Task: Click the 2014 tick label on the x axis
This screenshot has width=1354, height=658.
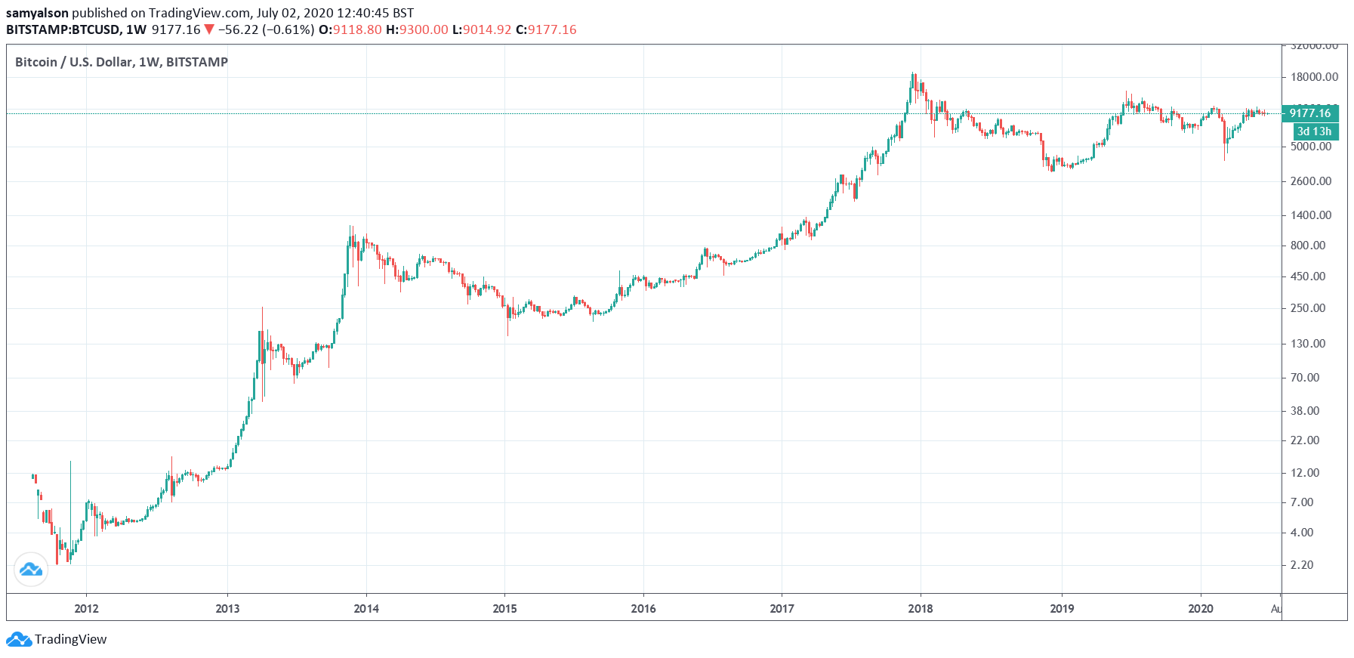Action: click(366, 609)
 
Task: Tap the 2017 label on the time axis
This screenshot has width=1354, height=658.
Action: click(782, 609)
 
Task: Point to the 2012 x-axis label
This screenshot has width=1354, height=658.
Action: click(86, 609)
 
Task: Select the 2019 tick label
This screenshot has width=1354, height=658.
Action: click(1062, 609)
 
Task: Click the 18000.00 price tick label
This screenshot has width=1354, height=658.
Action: click(1314, 77)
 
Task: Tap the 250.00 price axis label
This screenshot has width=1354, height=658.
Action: click(1308, 308)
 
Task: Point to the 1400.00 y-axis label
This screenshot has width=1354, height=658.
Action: click(1311, 215)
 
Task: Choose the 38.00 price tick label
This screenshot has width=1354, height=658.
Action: click(1305, 411)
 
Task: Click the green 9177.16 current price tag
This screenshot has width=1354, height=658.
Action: click(1310, 113)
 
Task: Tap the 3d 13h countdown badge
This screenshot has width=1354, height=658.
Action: click(1314, 131)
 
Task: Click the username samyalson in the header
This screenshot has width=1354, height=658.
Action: click(37, 13)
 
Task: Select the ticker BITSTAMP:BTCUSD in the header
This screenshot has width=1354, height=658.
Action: click(63, 29)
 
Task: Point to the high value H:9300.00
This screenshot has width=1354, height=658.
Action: click(417, 29)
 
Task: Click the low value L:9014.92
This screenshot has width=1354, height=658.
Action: click(482, 29)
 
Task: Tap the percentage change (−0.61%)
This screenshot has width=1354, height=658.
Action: click(288, 29)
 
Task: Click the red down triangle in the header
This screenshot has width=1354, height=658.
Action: click(209, 29)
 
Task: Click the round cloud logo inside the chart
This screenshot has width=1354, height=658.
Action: click(31, 569)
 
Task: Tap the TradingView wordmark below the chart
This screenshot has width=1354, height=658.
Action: click(70, 639)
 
